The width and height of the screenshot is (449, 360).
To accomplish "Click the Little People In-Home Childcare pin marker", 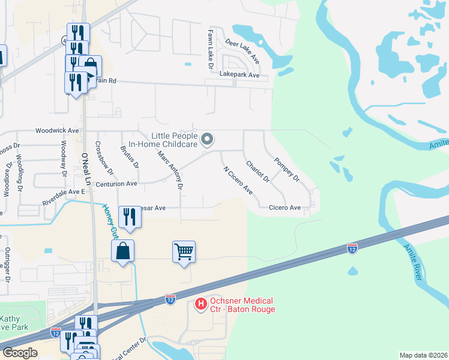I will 207,140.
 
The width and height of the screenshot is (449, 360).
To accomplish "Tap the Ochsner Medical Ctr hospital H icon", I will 200,305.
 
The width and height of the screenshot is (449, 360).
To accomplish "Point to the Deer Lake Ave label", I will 241,52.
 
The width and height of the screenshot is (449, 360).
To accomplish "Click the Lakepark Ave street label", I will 240,76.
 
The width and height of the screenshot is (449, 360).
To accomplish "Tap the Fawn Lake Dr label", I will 211,45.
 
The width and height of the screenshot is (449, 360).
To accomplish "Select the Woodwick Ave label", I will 57,130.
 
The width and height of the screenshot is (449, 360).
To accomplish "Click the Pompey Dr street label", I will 286,170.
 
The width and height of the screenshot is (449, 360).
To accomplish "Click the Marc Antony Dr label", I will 170,170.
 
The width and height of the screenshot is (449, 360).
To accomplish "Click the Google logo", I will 20,353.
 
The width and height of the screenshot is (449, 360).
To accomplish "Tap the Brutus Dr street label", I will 130,157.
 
